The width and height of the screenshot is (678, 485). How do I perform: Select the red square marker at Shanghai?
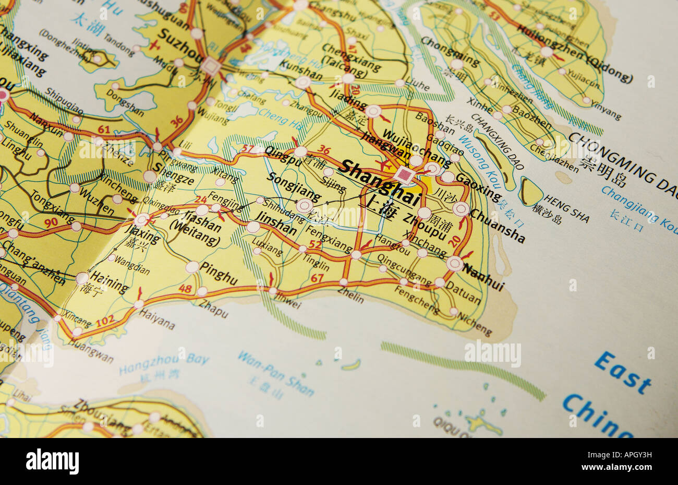tap(404, 174)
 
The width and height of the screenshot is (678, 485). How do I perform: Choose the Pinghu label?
tap(219, 274)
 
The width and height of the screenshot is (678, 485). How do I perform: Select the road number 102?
tap(105, 320)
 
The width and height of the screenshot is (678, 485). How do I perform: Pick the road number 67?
tap(317, 278)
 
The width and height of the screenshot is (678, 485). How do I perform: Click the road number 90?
tap(51, 222)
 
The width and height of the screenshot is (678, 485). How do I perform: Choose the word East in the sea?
tap(622, 372)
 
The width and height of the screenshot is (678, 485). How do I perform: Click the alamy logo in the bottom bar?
tap(52, 462)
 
